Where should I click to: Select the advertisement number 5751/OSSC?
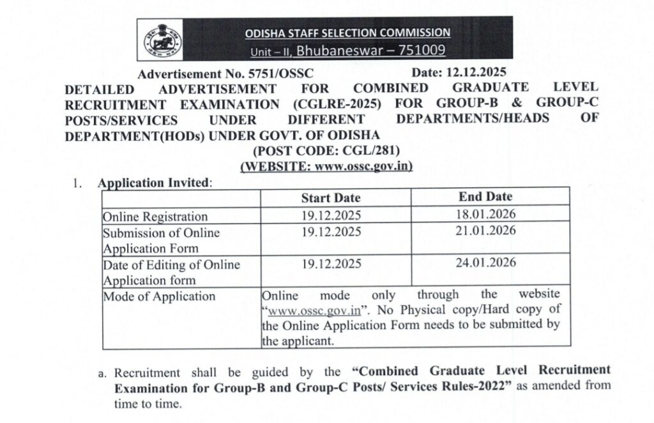click(259, 75)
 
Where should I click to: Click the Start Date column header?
click(331, 198)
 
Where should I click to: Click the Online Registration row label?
click(155, 217)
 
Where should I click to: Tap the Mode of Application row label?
click(159, 296)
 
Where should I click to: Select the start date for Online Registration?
click(331, 215)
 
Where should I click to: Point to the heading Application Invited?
click(153, 182)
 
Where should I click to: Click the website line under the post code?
click(326, 166)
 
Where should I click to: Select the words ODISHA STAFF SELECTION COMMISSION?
click(347, 33)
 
